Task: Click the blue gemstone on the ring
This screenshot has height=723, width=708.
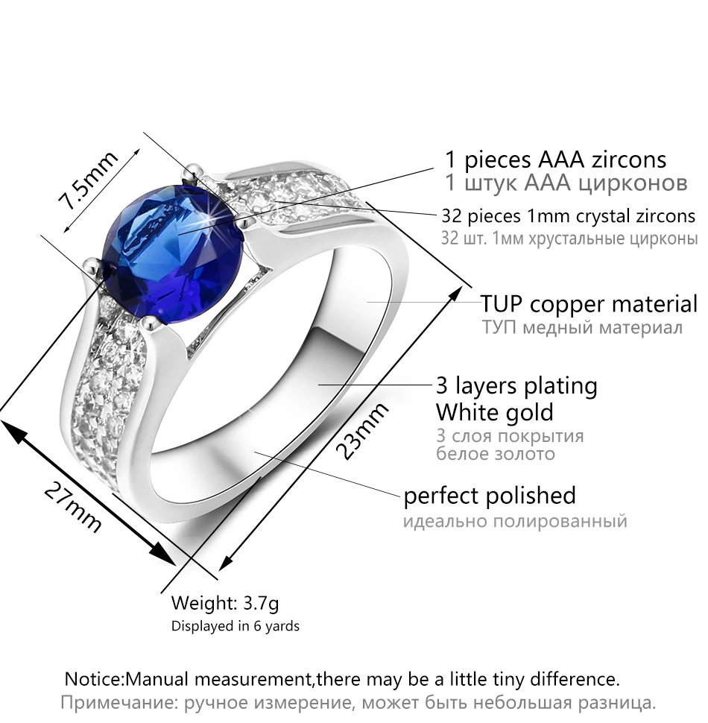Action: pyautogui.click(x=171, y=251)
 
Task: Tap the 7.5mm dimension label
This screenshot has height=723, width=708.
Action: pyautogui.click(x=88, y=180)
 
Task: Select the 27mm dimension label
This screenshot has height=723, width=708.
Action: pyautogui.click(x=73, y=507)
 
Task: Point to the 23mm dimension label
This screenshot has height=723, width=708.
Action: pyautogui.click(x=362, y=431)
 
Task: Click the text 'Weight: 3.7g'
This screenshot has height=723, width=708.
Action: pyautogui.click(x=225, y=603)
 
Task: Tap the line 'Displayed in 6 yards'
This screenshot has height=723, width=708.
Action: pyautogui.click(x=235, y=625)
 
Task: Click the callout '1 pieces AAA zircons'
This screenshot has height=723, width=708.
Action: pyautogui.click(x=555, y=160)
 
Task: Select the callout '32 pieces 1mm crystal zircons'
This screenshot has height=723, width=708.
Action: pyautogui.click(x=568, y=216)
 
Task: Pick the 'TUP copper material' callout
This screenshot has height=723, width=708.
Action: pyautogui.click(x=589, y=304)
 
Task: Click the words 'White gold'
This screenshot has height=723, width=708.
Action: pyautogui.click(x=494, y=412)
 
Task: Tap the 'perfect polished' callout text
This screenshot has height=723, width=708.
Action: pyautogui.click(x=490, y=496)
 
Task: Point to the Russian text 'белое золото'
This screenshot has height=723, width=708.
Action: pyautogui.click(x=496, y=454)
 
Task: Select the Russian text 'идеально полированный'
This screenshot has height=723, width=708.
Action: pyautogui.click(x=515, y=522)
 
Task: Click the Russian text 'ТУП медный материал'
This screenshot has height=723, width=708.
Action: pyautogui.click(x=582, y=328)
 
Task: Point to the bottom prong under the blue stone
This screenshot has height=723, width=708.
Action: pyautogui.click(x=151, y=323)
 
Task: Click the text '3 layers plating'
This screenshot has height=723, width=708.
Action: pyautogui.click(x=516, y=386)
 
